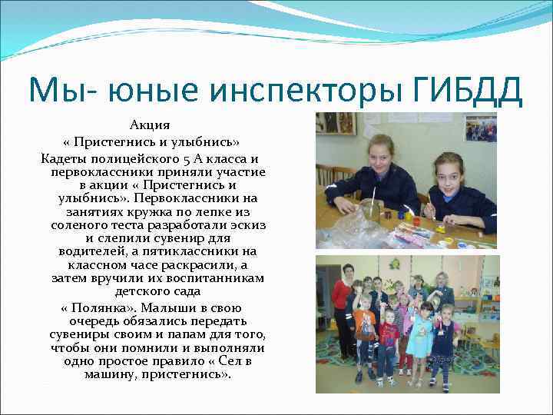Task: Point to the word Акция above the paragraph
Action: pos(150,124)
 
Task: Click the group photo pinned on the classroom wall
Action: pos(482,129)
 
